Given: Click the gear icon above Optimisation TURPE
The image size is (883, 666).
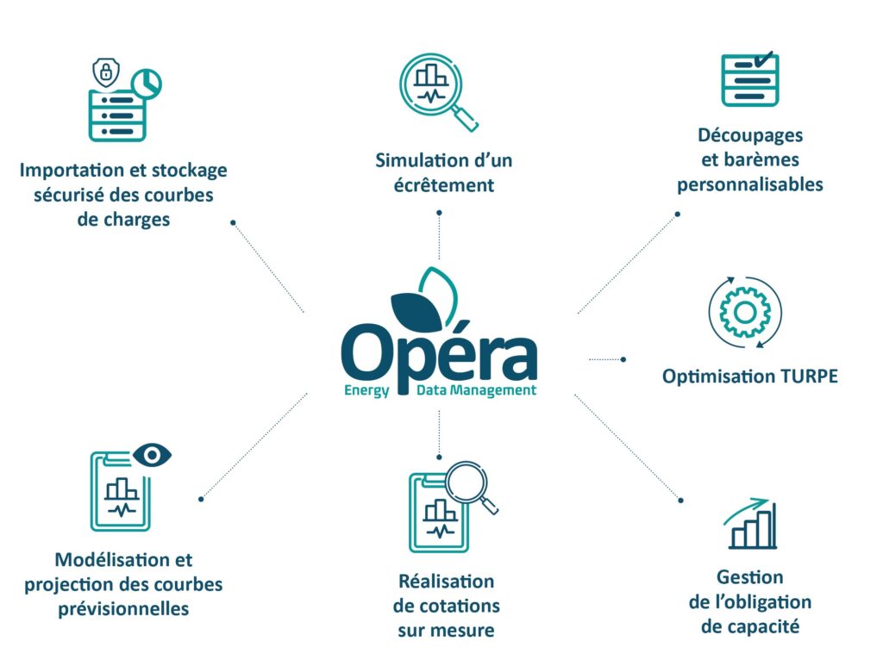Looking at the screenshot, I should click(744, 311).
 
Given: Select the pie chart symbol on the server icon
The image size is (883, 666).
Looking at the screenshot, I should click(148, 83).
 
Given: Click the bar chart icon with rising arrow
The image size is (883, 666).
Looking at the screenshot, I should click(751, 525).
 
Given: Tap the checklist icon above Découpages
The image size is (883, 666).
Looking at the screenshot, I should click(749, 79).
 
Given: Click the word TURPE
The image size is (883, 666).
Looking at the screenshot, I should click(809, 377).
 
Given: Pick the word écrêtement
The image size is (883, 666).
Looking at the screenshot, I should click(444, 185).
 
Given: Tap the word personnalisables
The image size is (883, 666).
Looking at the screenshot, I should click(749, 184).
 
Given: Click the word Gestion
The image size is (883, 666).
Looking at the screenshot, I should click(749, 577).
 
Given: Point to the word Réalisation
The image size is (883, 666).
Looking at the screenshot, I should click(446, 582).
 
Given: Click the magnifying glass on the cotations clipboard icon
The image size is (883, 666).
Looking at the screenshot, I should click(469, 488).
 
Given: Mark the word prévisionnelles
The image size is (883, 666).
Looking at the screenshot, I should click(123, 608).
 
